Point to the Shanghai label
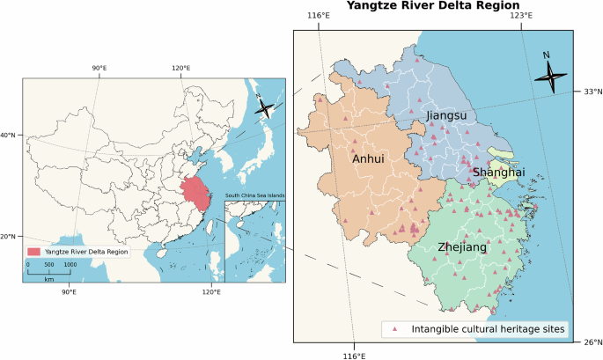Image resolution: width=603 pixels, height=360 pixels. pos(498,173)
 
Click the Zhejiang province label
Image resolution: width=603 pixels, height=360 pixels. pos(461,248)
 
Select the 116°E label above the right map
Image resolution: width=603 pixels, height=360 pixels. pos(318,16)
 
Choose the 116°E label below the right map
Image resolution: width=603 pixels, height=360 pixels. pos(354,355)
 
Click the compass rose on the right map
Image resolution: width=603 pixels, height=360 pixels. pos(551,77)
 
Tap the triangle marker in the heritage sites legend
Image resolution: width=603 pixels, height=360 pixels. pos(395,329)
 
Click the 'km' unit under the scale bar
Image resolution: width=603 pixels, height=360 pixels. pos(50,278)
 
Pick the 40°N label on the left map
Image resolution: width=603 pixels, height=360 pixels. pos(8,135)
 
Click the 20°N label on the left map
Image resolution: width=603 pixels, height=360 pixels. pos(8,236)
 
